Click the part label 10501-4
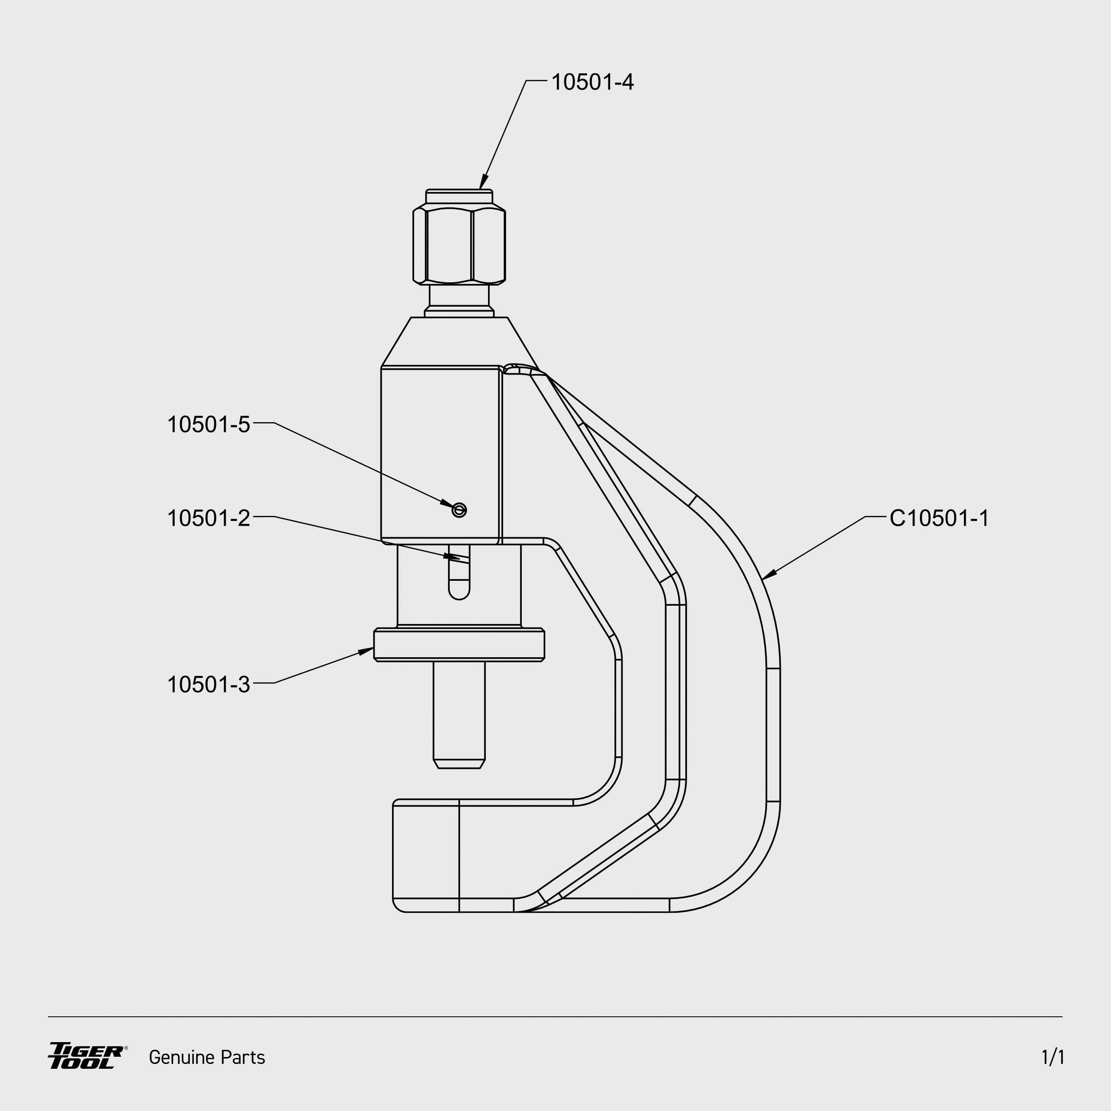click(x=592, y=82)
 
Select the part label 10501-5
click(x=209, y=424)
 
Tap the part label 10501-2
click(x=209, y=518)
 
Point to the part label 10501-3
click(x=209, y=684)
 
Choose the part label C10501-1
click(x=939, y=518)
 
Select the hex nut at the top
click(x=459, y=246)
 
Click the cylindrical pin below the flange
click(x=459, y=713)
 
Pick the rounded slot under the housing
click(x=459, y=581)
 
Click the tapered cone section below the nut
click(x=459, y=342)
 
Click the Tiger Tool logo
click(x=87, y=1056)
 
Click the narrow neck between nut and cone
click(x=459, y=296)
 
